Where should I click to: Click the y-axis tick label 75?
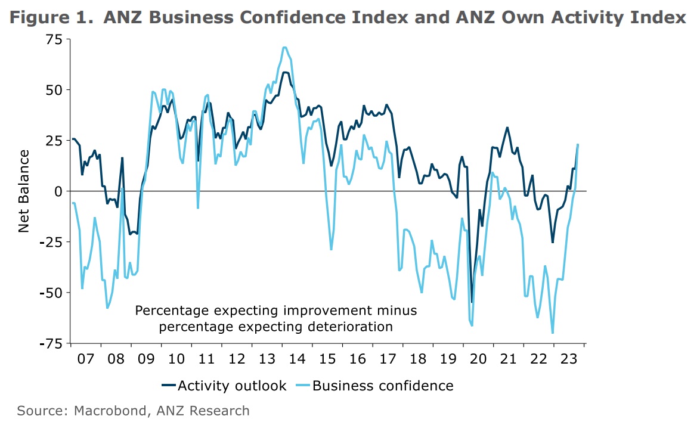click(x=54, y=39)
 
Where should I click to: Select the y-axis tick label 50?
click(x=54, y=90)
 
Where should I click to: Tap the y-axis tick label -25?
click(x=51, y=243)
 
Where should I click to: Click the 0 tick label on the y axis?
click(x=58, y=191)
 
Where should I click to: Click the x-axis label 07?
click(x=85, y=359)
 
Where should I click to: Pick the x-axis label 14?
click(x=297, y=359)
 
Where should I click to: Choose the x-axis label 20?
click(x=478, y=359)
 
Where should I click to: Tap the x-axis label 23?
click(x=569, y=359)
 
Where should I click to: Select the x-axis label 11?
click(x=206, y=359)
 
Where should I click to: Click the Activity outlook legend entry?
click(x=224, y=386)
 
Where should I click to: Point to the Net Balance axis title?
click(x=24, y=191)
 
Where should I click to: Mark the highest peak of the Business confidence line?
click(x=284, y=47)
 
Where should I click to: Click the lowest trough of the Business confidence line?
click(x=553, y=333)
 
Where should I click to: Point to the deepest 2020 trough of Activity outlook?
click(x=472, y=302)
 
